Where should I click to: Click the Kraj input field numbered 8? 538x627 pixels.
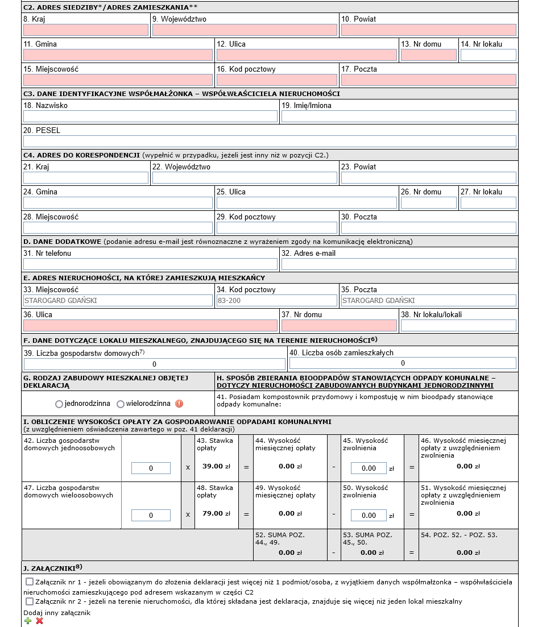pos(86,30)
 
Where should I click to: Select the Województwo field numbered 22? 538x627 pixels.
pos(245,178)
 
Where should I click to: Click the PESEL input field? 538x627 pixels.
pos(270,142)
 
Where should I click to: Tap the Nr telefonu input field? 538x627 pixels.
pos(150,264)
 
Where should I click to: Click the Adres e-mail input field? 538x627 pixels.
pos(399,264)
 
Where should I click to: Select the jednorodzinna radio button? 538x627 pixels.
pos(59,404)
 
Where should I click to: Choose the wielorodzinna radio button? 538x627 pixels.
pos(121,404)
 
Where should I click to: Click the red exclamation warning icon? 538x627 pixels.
pos(179,404)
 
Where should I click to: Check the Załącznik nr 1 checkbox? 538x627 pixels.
pos(30,582)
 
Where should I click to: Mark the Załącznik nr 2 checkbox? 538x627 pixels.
pos(30,601)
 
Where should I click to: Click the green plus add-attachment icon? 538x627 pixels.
pos(28,621)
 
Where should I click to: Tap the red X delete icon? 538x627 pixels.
pos(39,621)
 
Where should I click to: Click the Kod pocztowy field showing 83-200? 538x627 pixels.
pos(276,301)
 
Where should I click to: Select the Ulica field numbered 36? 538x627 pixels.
pos(150,326)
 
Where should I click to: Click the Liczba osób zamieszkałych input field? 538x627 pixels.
pos(403,363)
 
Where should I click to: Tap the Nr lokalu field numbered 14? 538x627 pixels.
pos(488,55)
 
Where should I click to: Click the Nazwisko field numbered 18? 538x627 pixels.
pos(150,117)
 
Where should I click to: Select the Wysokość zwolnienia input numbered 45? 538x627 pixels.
pos(369,468)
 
